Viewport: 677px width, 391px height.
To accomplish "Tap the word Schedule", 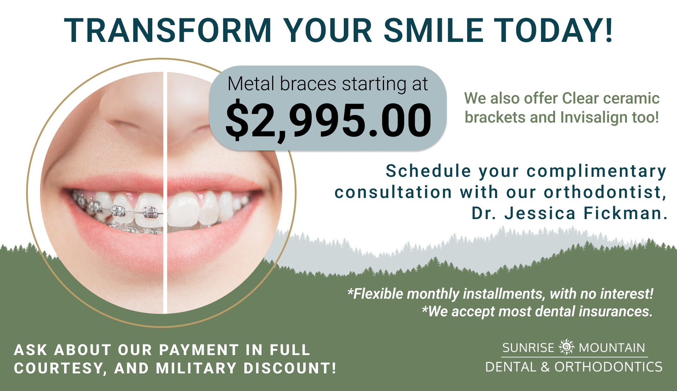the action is click(428, 171).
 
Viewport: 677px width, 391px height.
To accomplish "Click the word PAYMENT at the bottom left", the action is click(199, 350).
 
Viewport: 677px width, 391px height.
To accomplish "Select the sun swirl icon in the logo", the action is click(567, 347).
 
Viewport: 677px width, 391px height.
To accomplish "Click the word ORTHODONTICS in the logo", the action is click(609, 367).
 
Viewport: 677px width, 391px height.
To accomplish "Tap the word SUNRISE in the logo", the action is click(528, 348).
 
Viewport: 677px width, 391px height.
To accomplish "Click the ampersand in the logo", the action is click(545, 367).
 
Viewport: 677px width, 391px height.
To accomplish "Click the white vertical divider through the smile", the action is click(165, 193).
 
